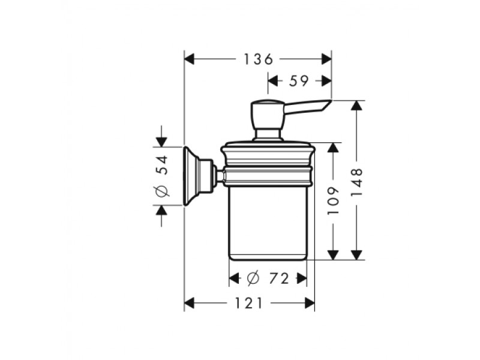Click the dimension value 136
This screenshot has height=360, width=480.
(258, 59)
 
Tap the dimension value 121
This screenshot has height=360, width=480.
(248, 303)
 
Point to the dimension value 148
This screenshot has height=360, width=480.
(356, 182)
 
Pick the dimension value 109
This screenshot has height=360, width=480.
(334, 200)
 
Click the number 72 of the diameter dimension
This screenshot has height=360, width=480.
(279, 278)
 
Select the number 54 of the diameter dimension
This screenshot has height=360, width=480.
(162, 165)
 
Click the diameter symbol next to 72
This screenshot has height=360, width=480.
(253, 278)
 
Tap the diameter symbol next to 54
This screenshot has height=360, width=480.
(162, 191)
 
